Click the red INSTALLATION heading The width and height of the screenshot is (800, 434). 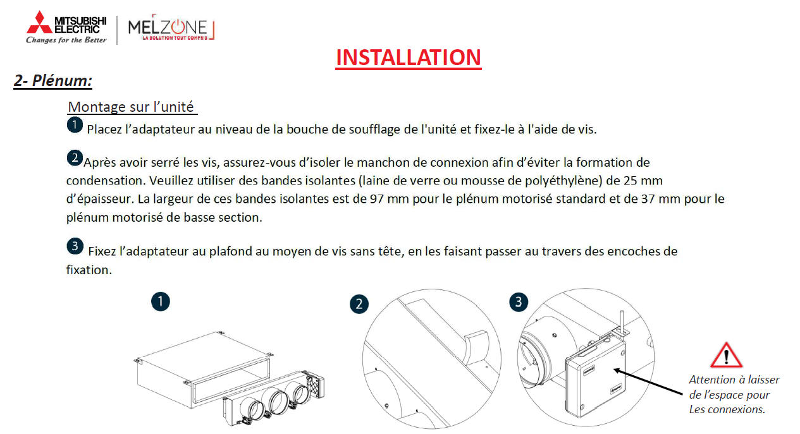[408, 57]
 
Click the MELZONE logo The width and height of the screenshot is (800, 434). [171, 27]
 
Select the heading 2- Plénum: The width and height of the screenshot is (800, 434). [53, 81]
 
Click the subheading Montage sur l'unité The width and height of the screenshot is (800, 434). [131, 107]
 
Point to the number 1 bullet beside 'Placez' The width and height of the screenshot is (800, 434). [75, 125]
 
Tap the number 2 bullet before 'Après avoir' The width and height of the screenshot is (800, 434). [75, 158]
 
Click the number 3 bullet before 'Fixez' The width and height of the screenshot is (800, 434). [75, 246]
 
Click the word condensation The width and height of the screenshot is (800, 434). [106, 181]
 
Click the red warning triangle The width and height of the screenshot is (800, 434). [727, 355]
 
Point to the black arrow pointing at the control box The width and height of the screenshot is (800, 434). [649, 382]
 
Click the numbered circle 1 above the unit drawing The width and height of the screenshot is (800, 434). [161, 302]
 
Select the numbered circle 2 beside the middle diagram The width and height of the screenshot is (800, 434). [359, 304]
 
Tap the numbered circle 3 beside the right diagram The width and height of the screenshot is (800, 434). [519, 303]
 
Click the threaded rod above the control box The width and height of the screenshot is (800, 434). [622, 322]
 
